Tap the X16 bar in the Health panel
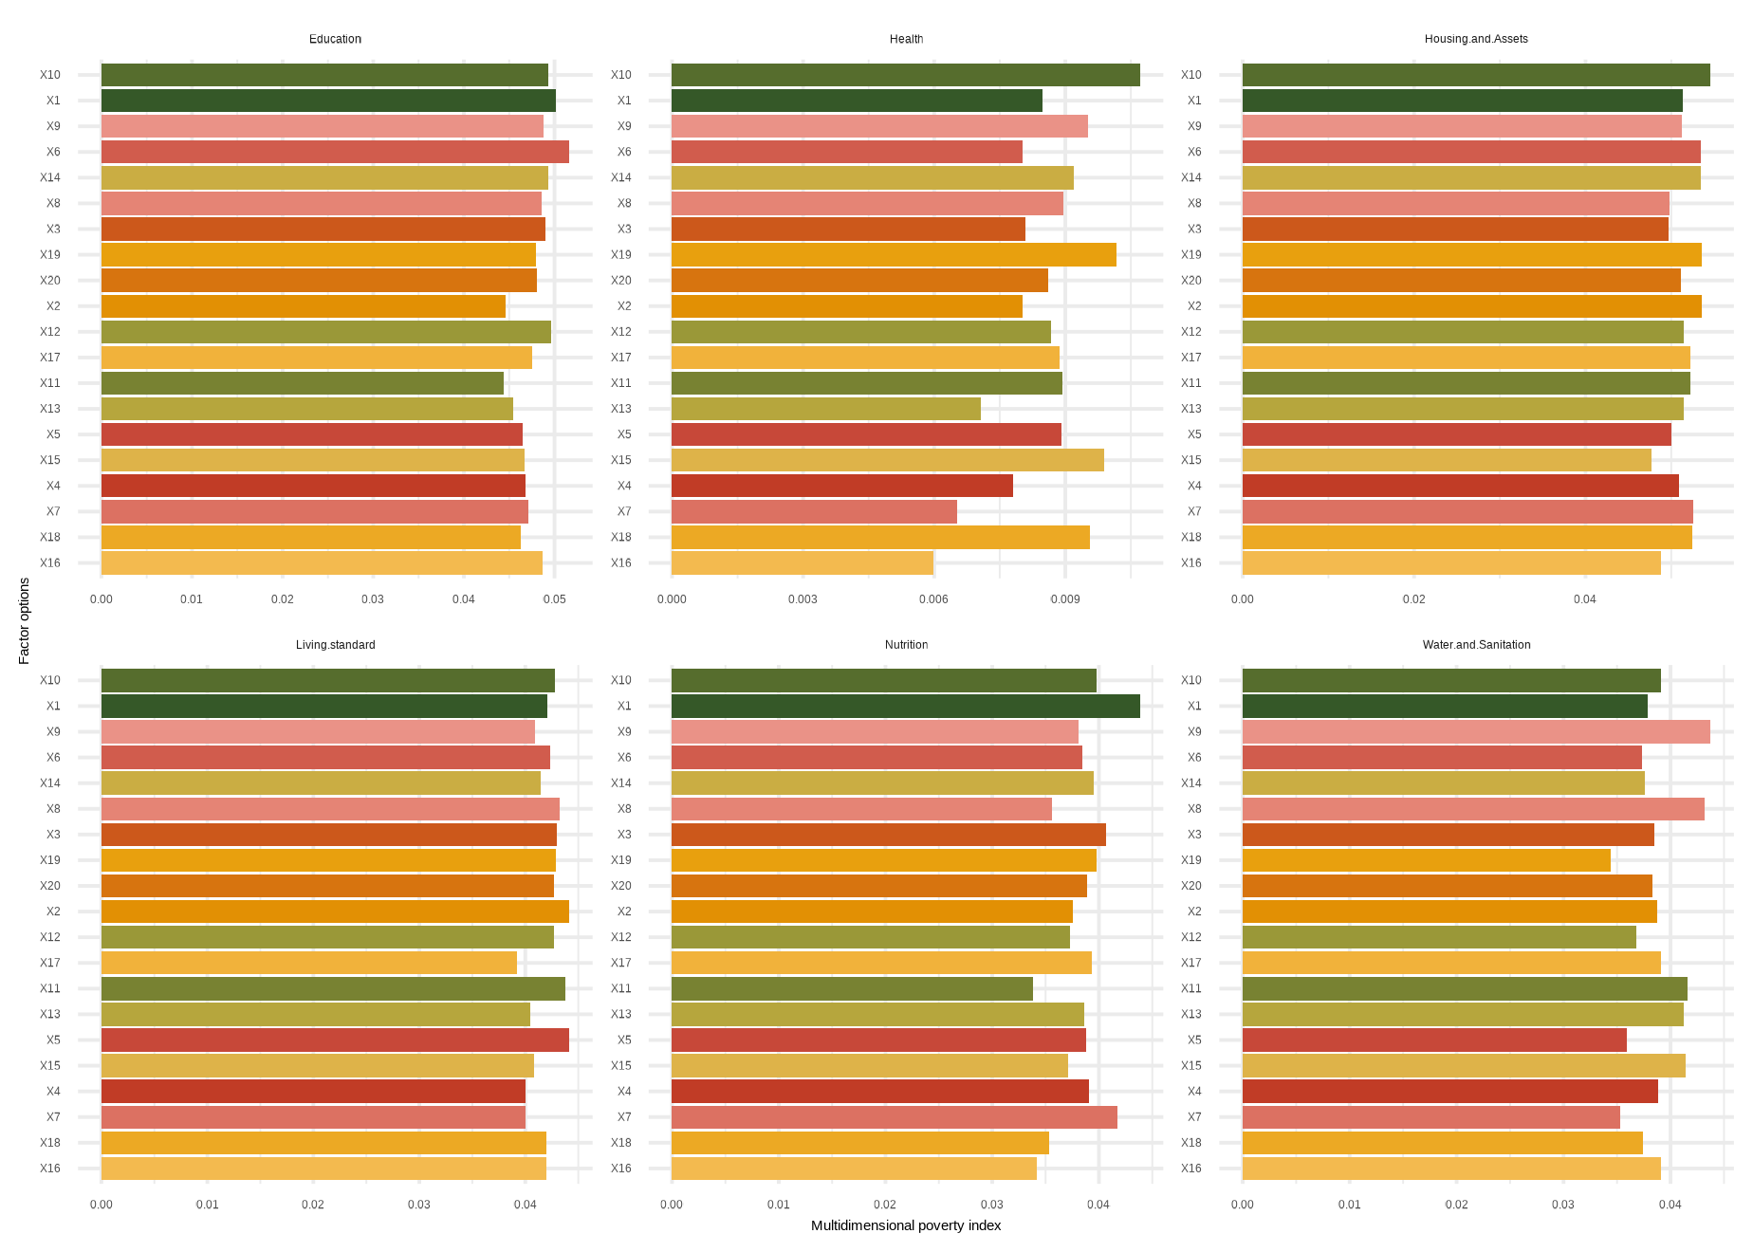(x=802, y=562)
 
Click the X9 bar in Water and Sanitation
(x=1475, y=731)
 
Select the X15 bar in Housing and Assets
(x=1446, y=460)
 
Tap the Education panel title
(x=335, y=39)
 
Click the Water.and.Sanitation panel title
(x=1476, y=645)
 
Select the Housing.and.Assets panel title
(x=1476, y=39)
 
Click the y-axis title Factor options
(x=25, y=621)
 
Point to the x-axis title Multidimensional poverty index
(x=906, y=1225)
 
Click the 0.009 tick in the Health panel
(x=1065, y=599)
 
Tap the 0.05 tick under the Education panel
(x=555, y=599)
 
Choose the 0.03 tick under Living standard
(x=419, y=1205)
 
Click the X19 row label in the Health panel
(x=620, y=254)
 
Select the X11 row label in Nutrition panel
(x=620, y=988)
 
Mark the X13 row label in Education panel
(x=50, y=409)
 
